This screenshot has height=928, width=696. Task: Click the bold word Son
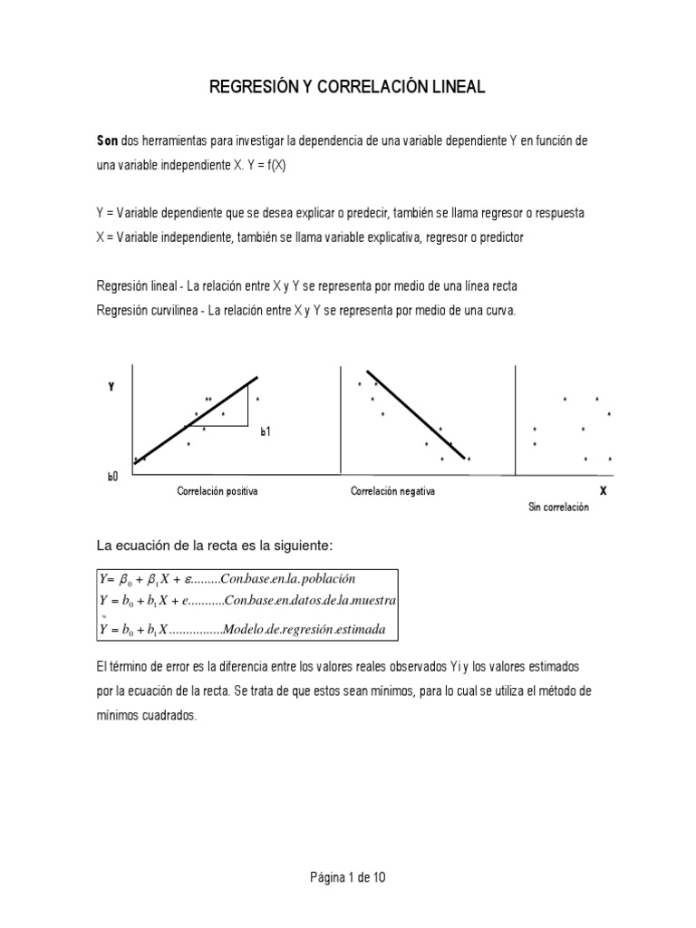click(x=108, y=143)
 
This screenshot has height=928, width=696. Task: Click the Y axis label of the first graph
click(x=111, y=386)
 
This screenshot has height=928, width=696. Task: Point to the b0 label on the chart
click(x=113, y=476)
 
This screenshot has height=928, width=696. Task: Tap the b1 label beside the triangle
click(x=266, y=433)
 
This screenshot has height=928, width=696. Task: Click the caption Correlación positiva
click(x=217, y=490)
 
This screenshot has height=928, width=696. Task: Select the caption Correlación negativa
click(x=392, y=490)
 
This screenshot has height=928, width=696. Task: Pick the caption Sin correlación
click(x=558, y=507)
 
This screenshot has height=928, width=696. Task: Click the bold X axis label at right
click(x=603, y=490)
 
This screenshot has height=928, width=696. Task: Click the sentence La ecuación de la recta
click(x=216, y=545)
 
